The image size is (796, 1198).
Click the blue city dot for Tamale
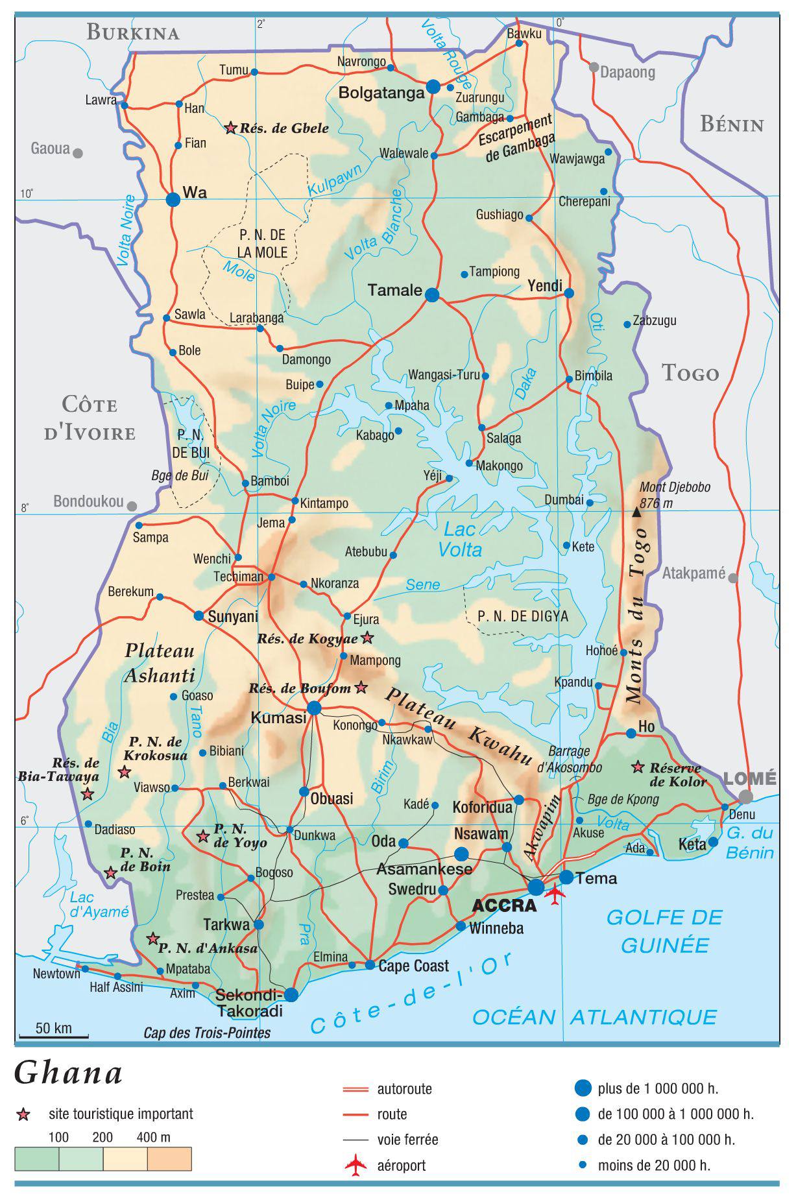pos(432,295)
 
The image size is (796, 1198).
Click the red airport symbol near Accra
pos(555,893)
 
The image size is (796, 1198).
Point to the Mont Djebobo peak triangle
pos(636,513)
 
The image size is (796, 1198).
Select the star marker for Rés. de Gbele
pos(230,128)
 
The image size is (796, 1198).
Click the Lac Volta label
pos(460,539)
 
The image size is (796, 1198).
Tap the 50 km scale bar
pos(53,1037)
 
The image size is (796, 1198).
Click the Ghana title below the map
pos(69,1073)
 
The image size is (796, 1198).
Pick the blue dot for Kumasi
pos(314,708)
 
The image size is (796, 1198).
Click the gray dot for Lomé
pos(746,797)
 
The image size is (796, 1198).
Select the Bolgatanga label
pos(381,93)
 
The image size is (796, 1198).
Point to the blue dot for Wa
pos(173,200)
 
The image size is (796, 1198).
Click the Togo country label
pos(690,374)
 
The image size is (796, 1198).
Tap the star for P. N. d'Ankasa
pos(153,938)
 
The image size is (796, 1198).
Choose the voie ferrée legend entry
pos(407,1140)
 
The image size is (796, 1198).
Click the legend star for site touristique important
pos(24,1115)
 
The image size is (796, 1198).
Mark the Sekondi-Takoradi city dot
pos(291,994)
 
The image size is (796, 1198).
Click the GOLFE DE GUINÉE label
pos(664,931)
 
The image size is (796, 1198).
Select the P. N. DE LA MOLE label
pos(262,244)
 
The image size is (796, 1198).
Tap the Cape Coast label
pos(413,966)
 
